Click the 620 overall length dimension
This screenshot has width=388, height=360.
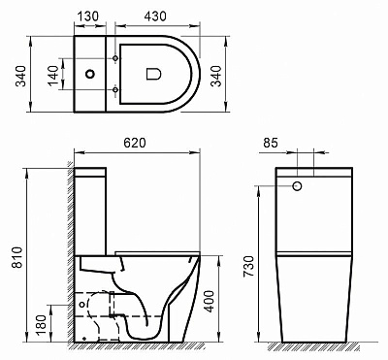pos(136,143)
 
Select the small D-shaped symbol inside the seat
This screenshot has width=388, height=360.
pos(152,73)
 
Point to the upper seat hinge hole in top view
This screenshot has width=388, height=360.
pos(117,54)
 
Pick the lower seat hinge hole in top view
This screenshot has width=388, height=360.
pos(117,91)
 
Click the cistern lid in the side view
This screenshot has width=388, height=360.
pos(93,174)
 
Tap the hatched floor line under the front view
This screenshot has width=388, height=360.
pos(310,347)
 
